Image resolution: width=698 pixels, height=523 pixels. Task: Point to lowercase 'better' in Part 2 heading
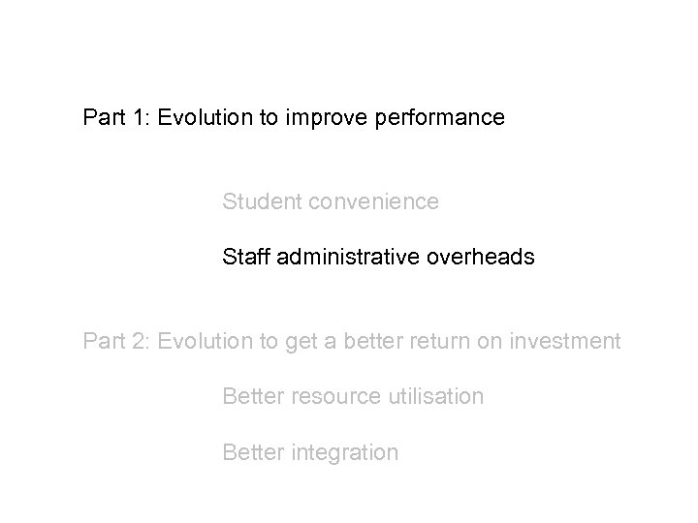pos(378,341)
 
